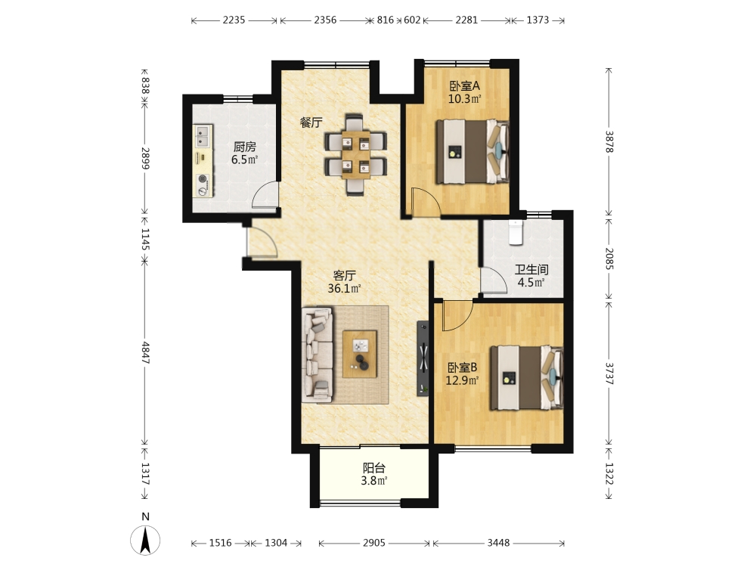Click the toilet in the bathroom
click(x=516, y=232)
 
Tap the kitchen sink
click(x=203, y=136)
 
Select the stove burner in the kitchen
click(x=203, y=185)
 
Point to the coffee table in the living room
click(x=360, y=354)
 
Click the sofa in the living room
click(x=318, y=355)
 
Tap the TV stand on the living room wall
click(x=423, y=358)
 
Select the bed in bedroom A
click(x=472, y=151)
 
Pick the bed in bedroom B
click(x=526, y=377)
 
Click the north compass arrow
click(x=145, y=540)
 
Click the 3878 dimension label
click(x=609, y=142)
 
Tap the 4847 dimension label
click(x=145, y=353)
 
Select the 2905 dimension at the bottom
click(x=374, y=543)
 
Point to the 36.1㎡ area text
click(x=344, y=289)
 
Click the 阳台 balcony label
click(x=374, y=468)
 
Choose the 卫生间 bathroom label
click(x=531, y=270)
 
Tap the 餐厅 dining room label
click(x=311, y=122)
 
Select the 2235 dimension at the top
click(x=234, y=20)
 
